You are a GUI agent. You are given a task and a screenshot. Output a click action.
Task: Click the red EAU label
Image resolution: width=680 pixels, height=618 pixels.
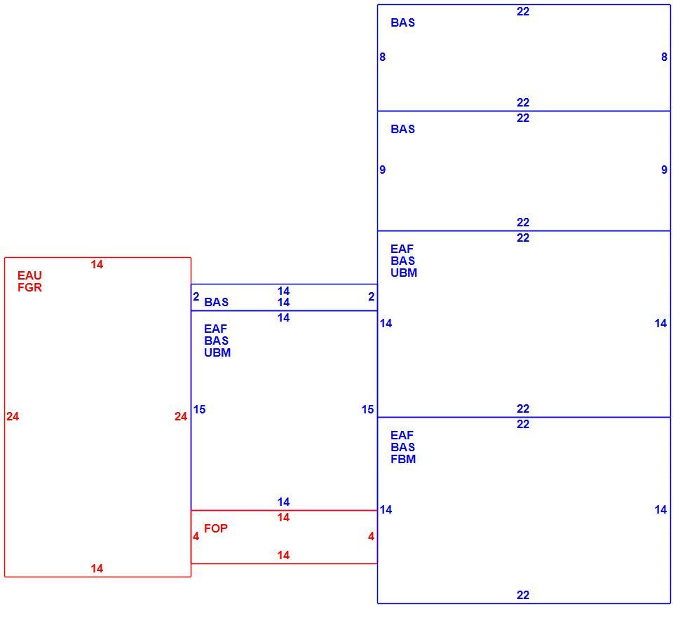point(29,275)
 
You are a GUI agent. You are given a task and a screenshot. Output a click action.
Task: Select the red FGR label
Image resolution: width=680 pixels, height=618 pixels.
point(29,287)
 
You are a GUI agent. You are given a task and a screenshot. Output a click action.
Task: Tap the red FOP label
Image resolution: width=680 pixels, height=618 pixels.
point(215,528)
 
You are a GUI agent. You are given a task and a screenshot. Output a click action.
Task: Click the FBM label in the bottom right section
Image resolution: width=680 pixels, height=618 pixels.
point(403,459)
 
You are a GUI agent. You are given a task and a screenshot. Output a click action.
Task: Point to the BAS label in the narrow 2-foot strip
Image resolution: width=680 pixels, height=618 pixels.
point(216,302)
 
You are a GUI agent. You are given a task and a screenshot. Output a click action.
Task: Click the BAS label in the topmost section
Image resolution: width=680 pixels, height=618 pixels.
point(402,22)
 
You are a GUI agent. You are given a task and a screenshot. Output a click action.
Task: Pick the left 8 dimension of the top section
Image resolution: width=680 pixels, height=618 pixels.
point(382,57)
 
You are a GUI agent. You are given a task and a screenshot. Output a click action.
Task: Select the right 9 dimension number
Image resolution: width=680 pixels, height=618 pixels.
point(664,170)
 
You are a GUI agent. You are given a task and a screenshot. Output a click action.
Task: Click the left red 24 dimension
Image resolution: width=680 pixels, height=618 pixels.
point(13,416)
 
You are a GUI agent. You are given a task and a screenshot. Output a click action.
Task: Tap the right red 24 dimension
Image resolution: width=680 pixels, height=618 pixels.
point(181,416)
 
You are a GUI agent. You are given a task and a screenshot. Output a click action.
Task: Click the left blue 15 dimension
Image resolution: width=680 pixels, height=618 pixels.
point(200,409)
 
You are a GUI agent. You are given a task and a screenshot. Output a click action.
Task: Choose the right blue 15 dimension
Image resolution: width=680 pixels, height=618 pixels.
point(368,409)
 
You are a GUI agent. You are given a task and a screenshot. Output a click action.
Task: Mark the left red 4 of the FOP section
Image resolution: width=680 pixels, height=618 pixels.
point(196,537)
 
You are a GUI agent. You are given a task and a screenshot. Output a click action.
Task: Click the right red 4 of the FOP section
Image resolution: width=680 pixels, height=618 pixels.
point(372,537)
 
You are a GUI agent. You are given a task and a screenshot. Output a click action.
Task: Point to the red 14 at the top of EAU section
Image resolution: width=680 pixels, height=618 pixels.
point(97,264)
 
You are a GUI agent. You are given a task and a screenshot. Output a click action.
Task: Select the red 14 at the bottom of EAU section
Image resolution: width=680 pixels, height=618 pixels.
point(97,568)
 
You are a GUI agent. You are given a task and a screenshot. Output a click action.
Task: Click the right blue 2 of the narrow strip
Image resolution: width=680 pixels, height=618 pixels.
point(372,296)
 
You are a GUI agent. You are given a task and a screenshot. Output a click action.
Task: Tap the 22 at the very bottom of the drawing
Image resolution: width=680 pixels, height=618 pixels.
point(523,596)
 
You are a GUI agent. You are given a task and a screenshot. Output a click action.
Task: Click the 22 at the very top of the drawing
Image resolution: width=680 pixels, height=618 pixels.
point(523,12)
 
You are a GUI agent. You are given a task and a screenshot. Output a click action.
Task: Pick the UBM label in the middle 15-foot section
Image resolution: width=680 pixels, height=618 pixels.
point(217,352)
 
